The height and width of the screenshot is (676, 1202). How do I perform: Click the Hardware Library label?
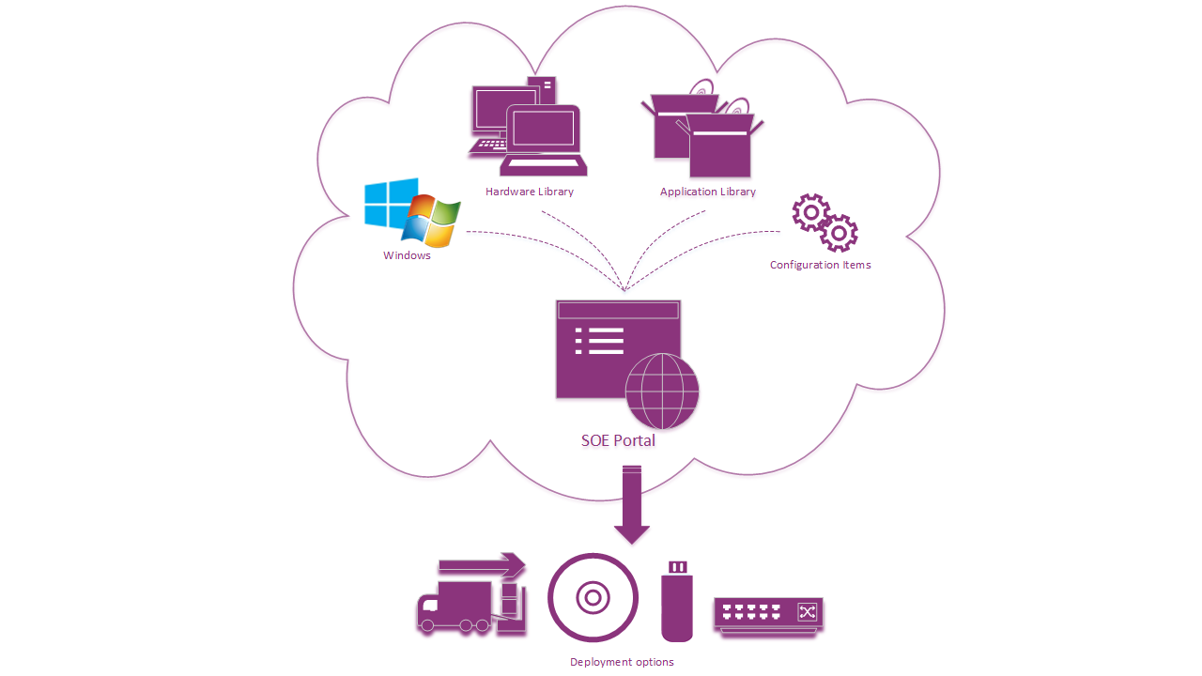529,192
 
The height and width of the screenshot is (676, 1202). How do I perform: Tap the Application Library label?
707,192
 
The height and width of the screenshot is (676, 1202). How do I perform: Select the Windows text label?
407,255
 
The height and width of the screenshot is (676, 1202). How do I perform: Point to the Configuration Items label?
820,265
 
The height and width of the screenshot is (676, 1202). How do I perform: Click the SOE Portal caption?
618,440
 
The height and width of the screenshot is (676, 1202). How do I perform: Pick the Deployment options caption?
622,662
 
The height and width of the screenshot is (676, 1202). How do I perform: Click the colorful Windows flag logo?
431,221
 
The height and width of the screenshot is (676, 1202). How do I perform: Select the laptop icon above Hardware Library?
544,139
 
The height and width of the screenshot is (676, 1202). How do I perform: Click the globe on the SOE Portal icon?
662,391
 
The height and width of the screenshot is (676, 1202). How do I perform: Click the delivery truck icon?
457,607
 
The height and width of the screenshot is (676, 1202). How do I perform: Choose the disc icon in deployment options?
593,597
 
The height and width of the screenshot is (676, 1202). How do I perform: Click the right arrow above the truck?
481,565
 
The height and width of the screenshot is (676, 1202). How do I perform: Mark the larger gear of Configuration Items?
810,212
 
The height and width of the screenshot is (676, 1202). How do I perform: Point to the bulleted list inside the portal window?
599,341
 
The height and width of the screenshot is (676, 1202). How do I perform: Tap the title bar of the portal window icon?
617,311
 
